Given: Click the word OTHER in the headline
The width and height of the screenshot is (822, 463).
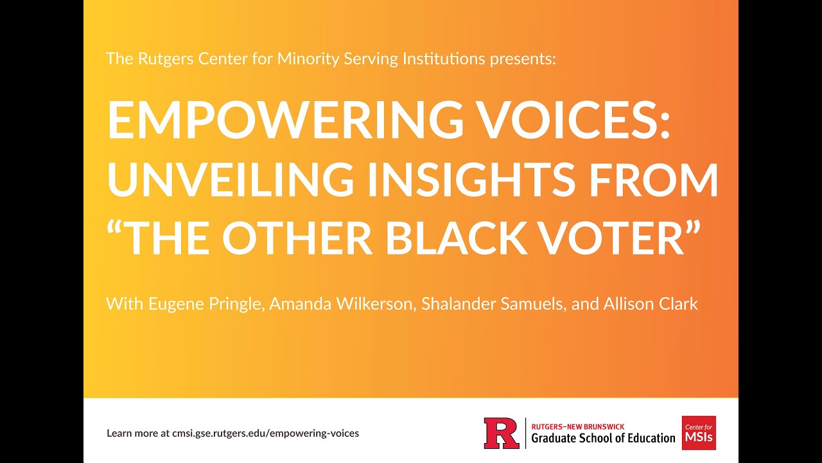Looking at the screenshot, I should click(x=297, y=238).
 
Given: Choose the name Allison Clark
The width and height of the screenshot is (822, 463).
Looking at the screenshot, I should click(x=651, y=304).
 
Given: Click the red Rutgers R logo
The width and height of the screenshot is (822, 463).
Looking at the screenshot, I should click(x=502, y=433).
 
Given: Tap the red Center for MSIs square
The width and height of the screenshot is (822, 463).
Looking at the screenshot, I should click(x=699, y=433).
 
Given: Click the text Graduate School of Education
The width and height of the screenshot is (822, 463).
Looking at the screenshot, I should click(x=603, y=439).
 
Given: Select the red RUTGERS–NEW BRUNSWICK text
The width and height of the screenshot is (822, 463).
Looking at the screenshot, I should click(x=578, y=426).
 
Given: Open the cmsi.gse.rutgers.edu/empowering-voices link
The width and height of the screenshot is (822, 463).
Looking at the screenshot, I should click(x=265, y=433).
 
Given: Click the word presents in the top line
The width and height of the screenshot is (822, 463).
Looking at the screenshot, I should click(x=522, y=59).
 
